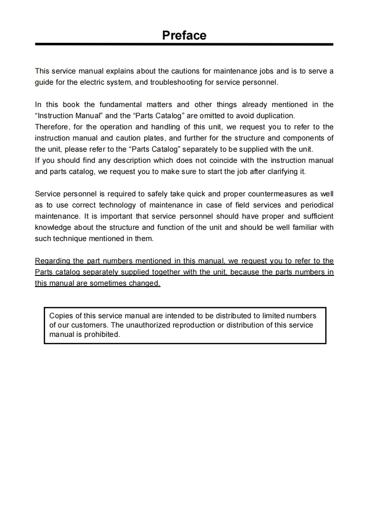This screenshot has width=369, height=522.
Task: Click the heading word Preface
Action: [x=184, y=35]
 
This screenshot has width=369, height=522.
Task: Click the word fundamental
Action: [x=120, y=105]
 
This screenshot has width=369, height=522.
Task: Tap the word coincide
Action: [x=221, y=161]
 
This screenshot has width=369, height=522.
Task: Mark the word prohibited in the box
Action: [x=102, y=335]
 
